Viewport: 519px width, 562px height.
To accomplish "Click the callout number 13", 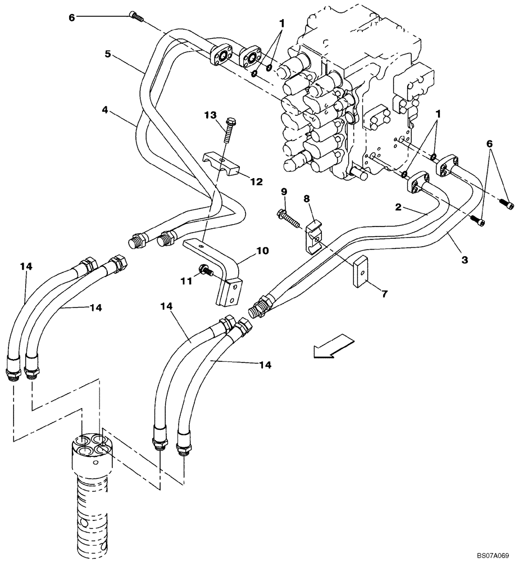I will pyautogui.click(x=210, y=115).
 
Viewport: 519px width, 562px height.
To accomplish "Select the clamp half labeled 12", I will pyautogui.click(x=221, y=163).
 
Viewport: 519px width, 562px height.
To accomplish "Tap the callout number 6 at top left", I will pyautogui.click(x=71, y=17).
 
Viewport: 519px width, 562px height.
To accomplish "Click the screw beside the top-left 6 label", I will pyautogui.click(x=136, y=16).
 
